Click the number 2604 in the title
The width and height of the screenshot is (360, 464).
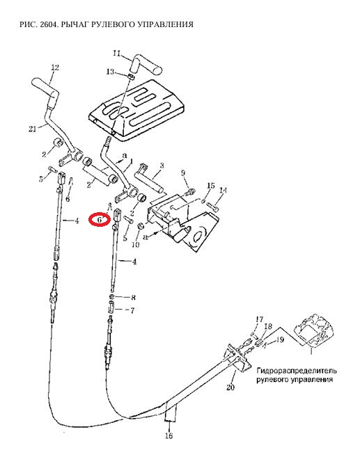pyautogui.click(x=48, y=24)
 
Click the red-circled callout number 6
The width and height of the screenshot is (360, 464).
pyautogui.click(x=100, y=220)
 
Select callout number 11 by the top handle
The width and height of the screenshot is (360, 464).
pyautogui.click(x=117, y=54)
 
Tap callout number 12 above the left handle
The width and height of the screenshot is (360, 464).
pyautogui.click(x=55, y=67)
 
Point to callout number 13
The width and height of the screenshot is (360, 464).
pyautogui.click(x=110, y=72)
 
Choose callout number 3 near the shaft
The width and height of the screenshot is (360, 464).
pyautogui.click(x=162, y=166)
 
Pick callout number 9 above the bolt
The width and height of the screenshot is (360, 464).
pyautogui.click(x=183, y=173)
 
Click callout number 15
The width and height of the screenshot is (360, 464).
pyautogui.click(x=211, y=186)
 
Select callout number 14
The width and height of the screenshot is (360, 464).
pyautogui.click(x=224, y=191)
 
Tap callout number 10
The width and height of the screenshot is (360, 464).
pyautogui.click(x=135, y=245)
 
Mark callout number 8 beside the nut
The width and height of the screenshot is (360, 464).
pyautogui.click(x=133, y=298)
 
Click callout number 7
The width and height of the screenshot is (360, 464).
pyautogui.click(x=132, y=311)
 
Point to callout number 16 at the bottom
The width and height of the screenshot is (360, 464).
pyautogui.click(x=169, y=436)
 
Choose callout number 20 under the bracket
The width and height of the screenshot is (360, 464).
pyautogui.click(x=230, y=387)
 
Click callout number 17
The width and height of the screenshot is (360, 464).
pyautogui.click(x=259, y=320)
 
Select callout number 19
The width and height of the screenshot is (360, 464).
pyautogui.click(x=280, y=339)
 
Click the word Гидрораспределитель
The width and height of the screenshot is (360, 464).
pyautogui.click(x=297, y=371)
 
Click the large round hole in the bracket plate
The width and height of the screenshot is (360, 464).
pyautogui.click(x=201, y=234)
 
